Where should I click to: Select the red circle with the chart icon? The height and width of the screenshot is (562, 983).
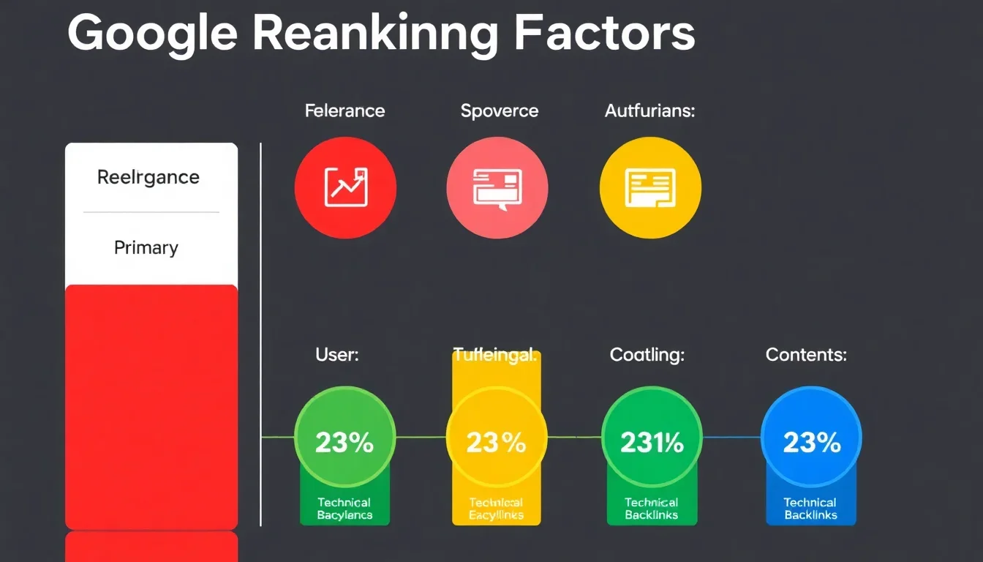coord(345,188)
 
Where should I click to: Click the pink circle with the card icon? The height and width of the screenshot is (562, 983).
coord(497,188)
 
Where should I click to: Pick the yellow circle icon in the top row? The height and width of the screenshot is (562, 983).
coord(650,188)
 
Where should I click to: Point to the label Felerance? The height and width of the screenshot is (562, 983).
coord(344,111)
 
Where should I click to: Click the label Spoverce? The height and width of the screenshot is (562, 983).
coord(500,111)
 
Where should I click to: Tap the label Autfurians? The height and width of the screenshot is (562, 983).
coord(649,111)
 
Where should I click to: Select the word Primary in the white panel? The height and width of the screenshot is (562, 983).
coord(146,248)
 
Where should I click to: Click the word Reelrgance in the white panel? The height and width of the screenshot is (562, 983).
coord(148,177)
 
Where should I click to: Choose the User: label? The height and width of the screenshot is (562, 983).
coord(337,356)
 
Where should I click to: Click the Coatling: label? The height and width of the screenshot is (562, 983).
coord(647,356)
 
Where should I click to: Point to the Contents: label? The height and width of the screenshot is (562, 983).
coord(806,356)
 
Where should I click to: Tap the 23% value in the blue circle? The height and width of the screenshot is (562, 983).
coord(812,442)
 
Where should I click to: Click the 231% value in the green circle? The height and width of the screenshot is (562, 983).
coord(652,442)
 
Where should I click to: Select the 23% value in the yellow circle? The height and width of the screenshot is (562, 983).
coord(497,442)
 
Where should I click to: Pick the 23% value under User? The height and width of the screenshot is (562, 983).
coord(344,442)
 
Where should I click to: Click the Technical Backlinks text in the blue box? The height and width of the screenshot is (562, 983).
coord(810,509)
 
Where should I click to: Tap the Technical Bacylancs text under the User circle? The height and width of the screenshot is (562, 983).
coord(344,509)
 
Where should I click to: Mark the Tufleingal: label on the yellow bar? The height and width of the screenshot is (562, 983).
coord(496,357)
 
